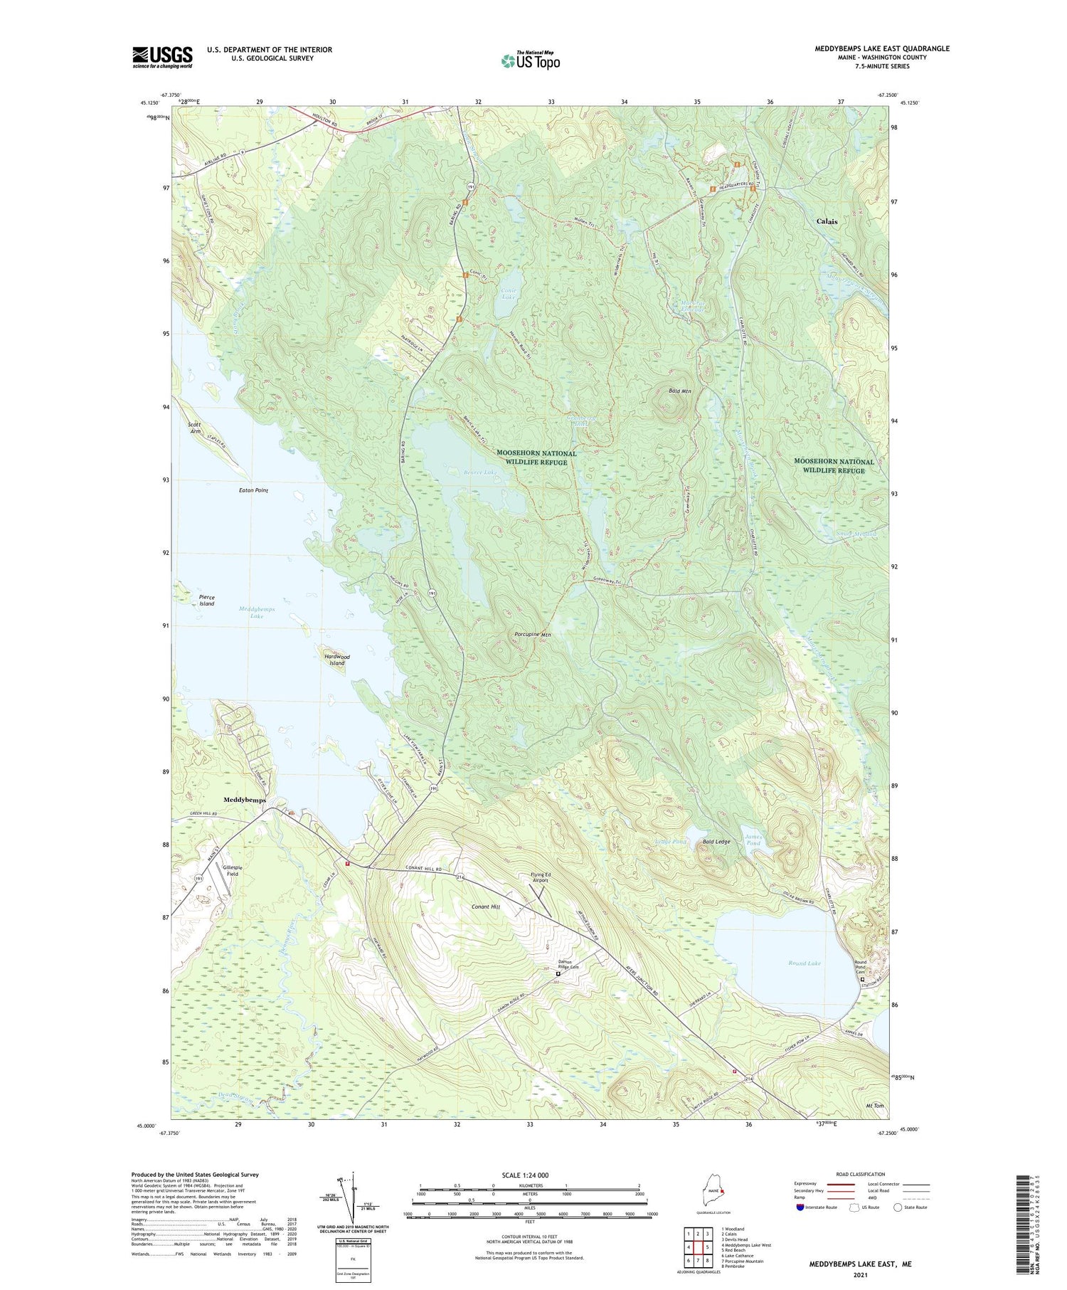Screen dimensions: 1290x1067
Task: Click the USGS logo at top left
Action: point(162,57)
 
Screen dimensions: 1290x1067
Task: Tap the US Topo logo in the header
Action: point(531,60)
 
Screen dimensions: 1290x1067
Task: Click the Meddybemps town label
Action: point(245,800)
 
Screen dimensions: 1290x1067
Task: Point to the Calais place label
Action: point(827,221)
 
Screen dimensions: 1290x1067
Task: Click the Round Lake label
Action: point(804,963)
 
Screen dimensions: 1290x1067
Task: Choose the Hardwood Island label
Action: point(336,660)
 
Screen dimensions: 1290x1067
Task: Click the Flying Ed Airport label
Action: point(546,877)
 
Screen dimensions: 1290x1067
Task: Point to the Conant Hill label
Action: point(486,906)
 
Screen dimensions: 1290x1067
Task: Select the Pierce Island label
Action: point(206,601)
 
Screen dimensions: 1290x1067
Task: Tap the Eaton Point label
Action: point(253,490)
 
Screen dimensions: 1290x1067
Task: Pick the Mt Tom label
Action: point(874,1106)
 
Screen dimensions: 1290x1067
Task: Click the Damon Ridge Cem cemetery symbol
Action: point(558,975)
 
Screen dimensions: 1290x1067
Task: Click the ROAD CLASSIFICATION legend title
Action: point(861,1174)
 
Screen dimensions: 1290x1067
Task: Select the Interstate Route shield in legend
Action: point(800,1207)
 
